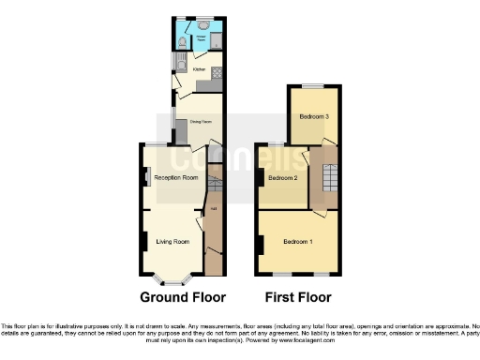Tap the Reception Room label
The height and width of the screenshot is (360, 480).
pos(176,177)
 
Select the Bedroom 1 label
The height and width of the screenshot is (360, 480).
pos(299,243)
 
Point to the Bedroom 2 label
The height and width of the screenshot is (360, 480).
pos(282,177)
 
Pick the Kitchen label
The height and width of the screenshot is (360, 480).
pos(199,69)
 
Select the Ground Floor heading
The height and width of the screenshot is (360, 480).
pos(183,297)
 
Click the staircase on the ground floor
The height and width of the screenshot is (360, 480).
pos(213,177)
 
